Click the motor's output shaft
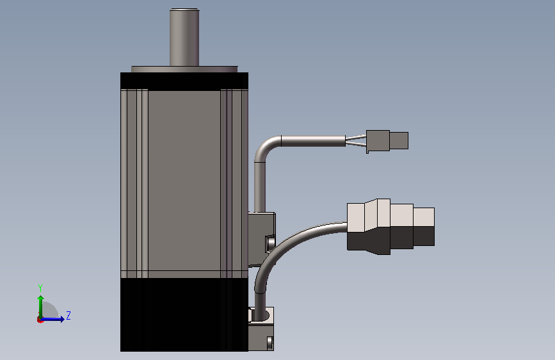pos(184,37)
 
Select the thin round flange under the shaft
pos(184,69)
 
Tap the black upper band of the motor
pos(184,81)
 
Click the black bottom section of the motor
pos(184,315)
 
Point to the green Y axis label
pos(40,288)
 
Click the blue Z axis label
pos(68,315)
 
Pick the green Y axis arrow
pos(41,307)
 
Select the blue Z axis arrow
pos(52,319)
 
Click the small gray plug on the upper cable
pos(378,141)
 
